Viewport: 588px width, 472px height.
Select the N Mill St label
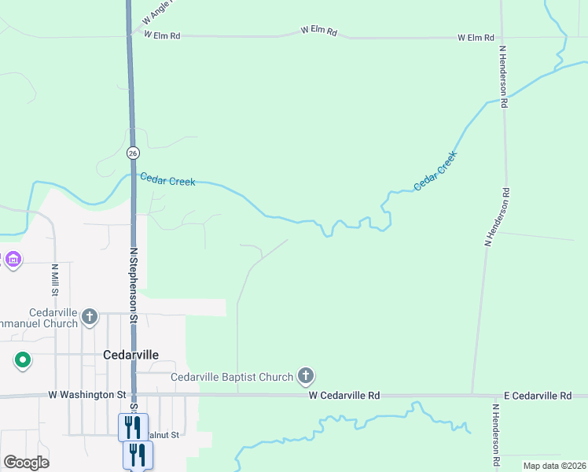click(x=55, y=279)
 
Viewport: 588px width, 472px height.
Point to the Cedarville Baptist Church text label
click(x=232, y=378)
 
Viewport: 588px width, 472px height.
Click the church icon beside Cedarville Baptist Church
click(x=306, y=378)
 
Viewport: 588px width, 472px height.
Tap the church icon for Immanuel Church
click(x=90, y=317)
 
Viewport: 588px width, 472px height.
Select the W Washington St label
click(x=86, y=394)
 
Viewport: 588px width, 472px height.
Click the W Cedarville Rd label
click(x=344, y=395)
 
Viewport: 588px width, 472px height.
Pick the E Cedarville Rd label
click(x=538, y=395)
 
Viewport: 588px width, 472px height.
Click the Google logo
click(x=25, y=463)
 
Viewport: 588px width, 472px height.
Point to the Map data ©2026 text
click(x=553, y=466)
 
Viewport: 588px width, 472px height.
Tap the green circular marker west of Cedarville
click(x=23, y=361)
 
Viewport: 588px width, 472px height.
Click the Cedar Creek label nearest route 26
click(x=167, y=180)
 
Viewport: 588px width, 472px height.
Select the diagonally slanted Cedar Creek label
click(x=435, y=171)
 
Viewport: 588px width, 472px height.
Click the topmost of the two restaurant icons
click(x=133, y=427)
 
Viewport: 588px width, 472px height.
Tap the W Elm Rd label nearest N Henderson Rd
click(x=476, y=38)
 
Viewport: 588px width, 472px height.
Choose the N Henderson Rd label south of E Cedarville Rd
click(x=496, y=437)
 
